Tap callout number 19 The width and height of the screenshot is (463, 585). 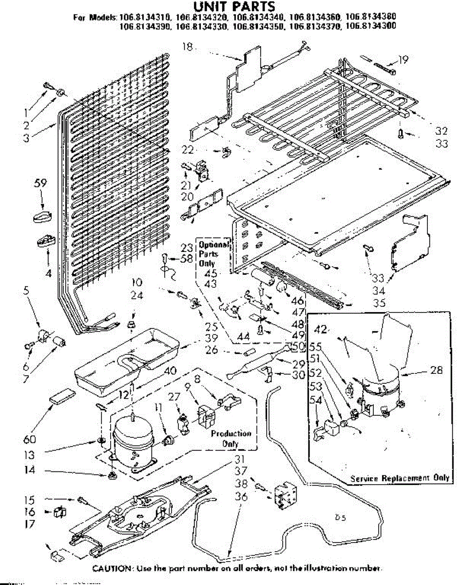point(403,60)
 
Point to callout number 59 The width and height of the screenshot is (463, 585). point(40,184)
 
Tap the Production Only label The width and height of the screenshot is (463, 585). point(231,438)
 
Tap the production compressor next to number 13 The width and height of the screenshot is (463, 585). point(133,441)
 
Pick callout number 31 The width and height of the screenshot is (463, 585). point(238,459)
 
